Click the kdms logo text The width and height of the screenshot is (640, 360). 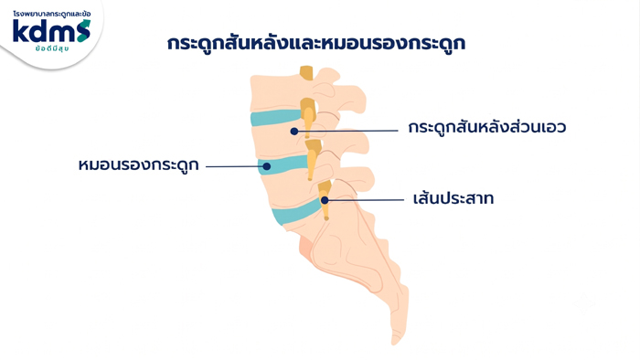point(51,31)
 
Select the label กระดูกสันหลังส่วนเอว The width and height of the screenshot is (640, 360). point(487,127)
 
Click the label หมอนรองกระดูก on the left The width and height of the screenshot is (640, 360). point(138,165)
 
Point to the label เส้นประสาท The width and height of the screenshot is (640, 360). point(453,198)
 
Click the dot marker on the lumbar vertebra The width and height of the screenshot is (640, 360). point(293,132)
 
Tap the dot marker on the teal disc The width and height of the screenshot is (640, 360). point(267,166)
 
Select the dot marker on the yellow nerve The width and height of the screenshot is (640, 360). point(325,200)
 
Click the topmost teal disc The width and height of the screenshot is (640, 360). point(277,118)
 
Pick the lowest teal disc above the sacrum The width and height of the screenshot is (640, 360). point(297,212)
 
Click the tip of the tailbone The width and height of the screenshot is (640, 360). point(395,342)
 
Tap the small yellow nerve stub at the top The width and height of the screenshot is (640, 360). point(306,72)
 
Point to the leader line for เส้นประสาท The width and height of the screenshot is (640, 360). point(366,200)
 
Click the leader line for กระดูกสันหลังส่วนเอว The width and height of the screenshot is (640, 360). point(347,131)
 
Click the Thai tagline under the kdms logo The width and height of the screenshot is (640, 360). point(52,48)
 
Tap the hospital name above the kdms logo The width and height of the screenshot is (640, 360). point(52,14)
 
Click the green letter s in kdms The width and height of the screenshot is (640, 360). point(83,31)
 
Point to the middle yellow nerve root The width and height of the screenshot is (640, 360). point(313,159)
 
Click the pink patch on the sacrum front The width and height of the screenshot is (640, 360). point(305,247)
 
